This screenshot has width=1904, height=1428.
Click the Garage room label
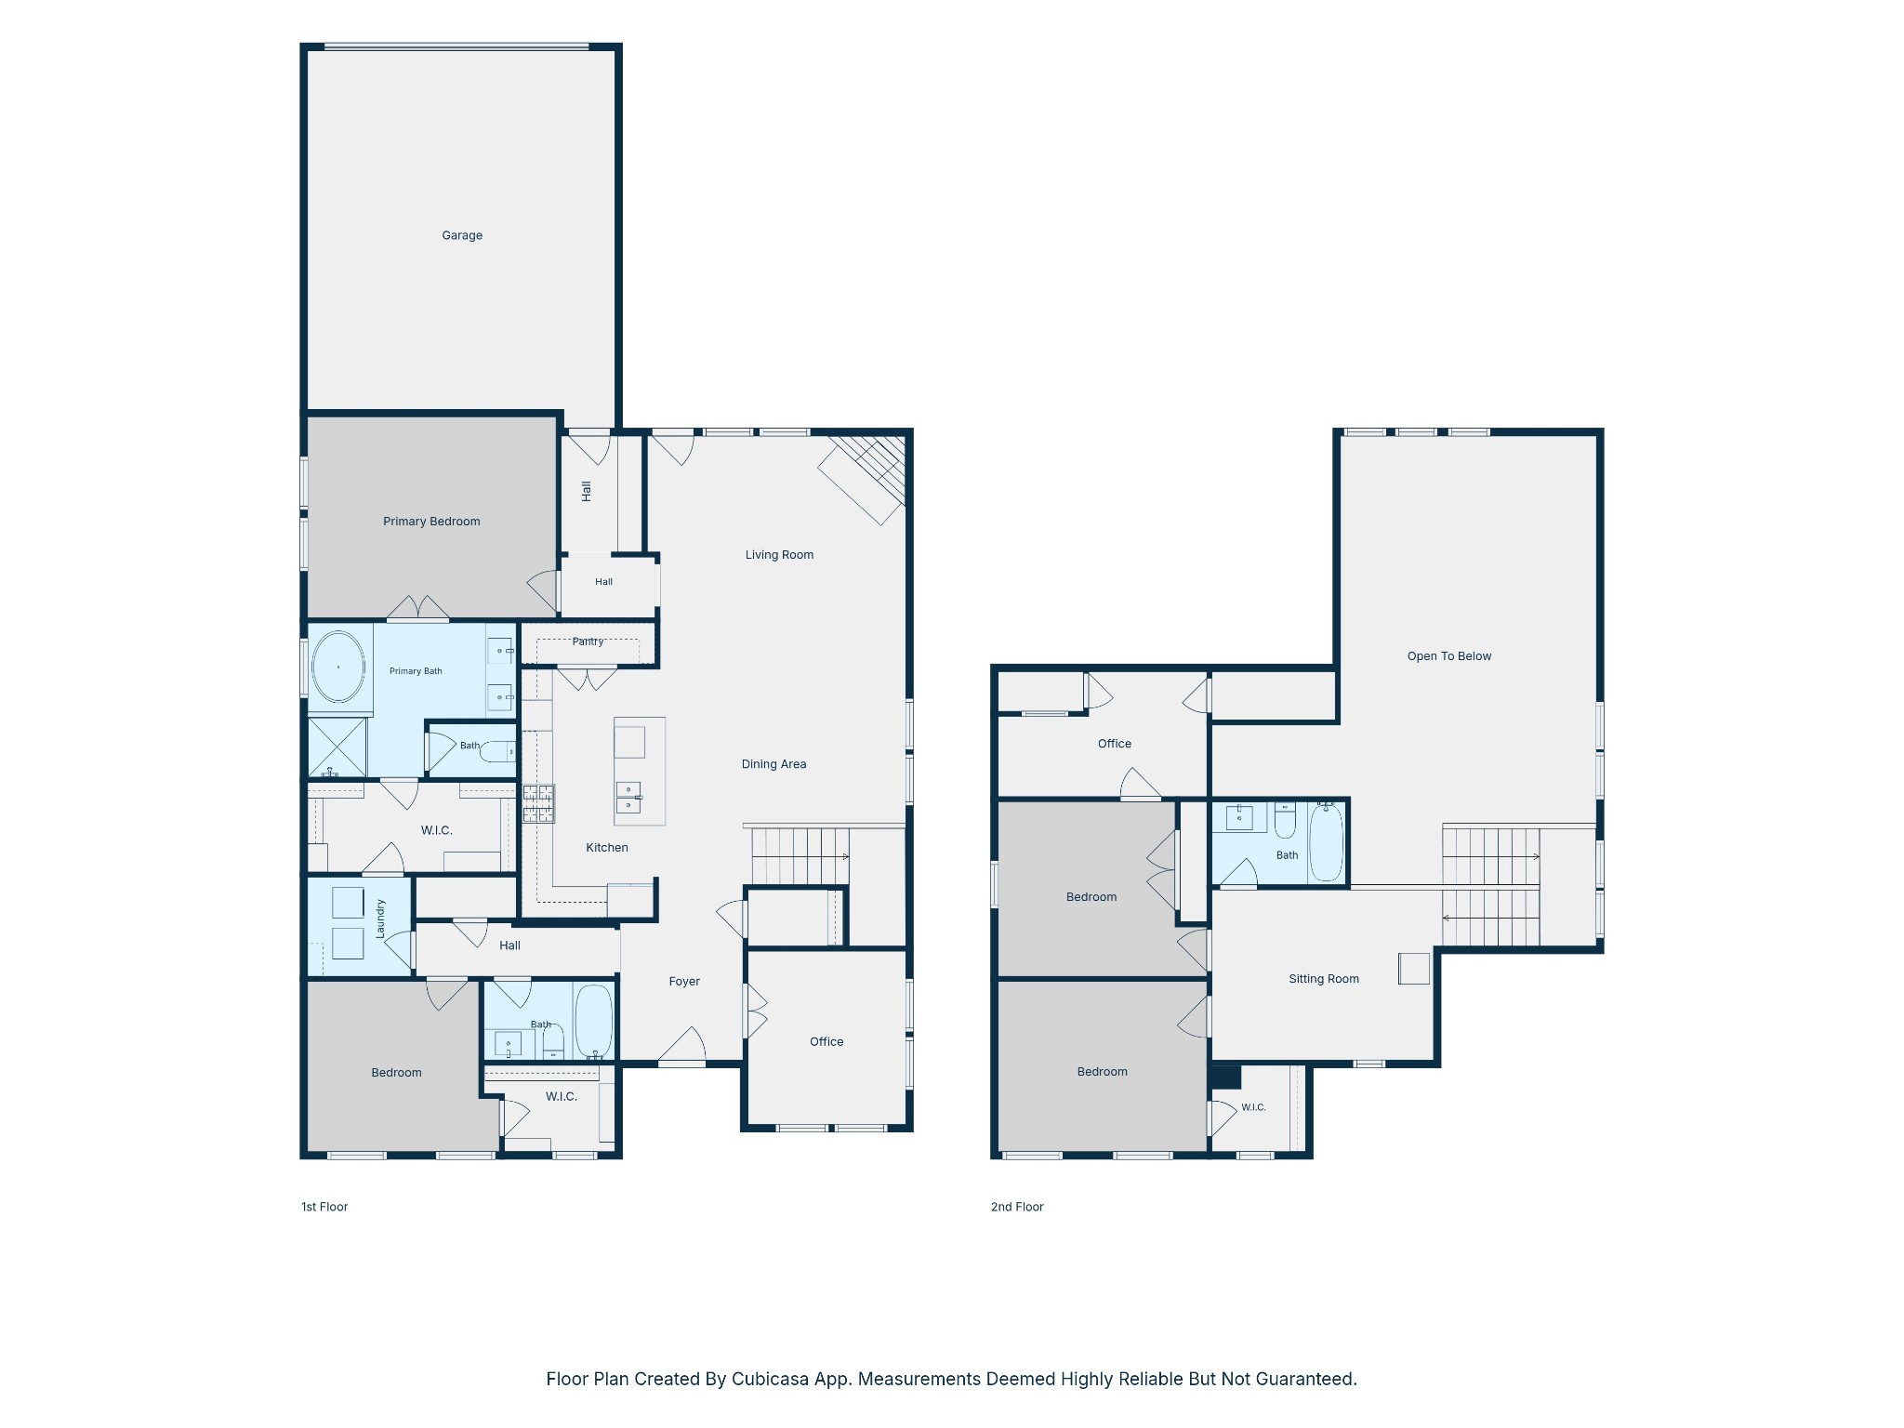[462, 235]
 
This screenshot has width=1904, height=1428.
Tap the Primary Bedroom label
[431, 522]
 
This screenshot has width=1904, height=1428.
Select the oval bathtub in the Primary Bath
[338, 668]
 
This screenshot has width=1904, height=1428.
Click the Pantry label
[588, 641]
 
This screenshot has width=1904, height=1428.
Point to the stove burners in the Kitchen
[538, 804]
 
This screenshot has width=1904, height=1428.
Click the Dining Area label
[773, 764]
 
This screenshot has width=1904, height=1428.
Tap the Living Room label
[779, 555]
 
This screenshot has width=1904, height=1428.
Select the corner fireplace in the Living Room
[862, 479]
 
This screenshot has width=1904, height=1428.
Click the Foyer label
[684, 982]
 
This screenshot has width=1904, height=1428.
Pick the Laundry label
[380, 918]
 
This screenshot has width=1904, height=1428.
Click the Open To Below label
[1448, 656]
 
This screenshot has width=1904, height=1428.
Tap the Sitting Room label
[1324, 979]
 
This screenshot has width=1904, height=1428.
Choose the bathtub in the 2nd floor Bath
[1327, 842]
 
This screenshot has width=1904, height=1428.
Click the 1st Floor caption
[324, 1207]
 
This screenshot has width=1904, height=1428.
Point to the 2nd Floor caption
[1017, 1207]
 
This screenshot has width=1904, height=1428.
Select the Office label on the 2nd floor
[1115, 744]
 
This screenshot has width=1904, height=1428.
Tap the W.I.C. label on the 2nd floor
[1253, 1107]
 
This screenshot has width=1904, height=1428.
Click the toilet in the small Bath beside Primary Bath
[499, 751]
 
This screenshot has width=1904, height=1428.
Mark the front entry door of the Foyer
[682, 1046]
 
